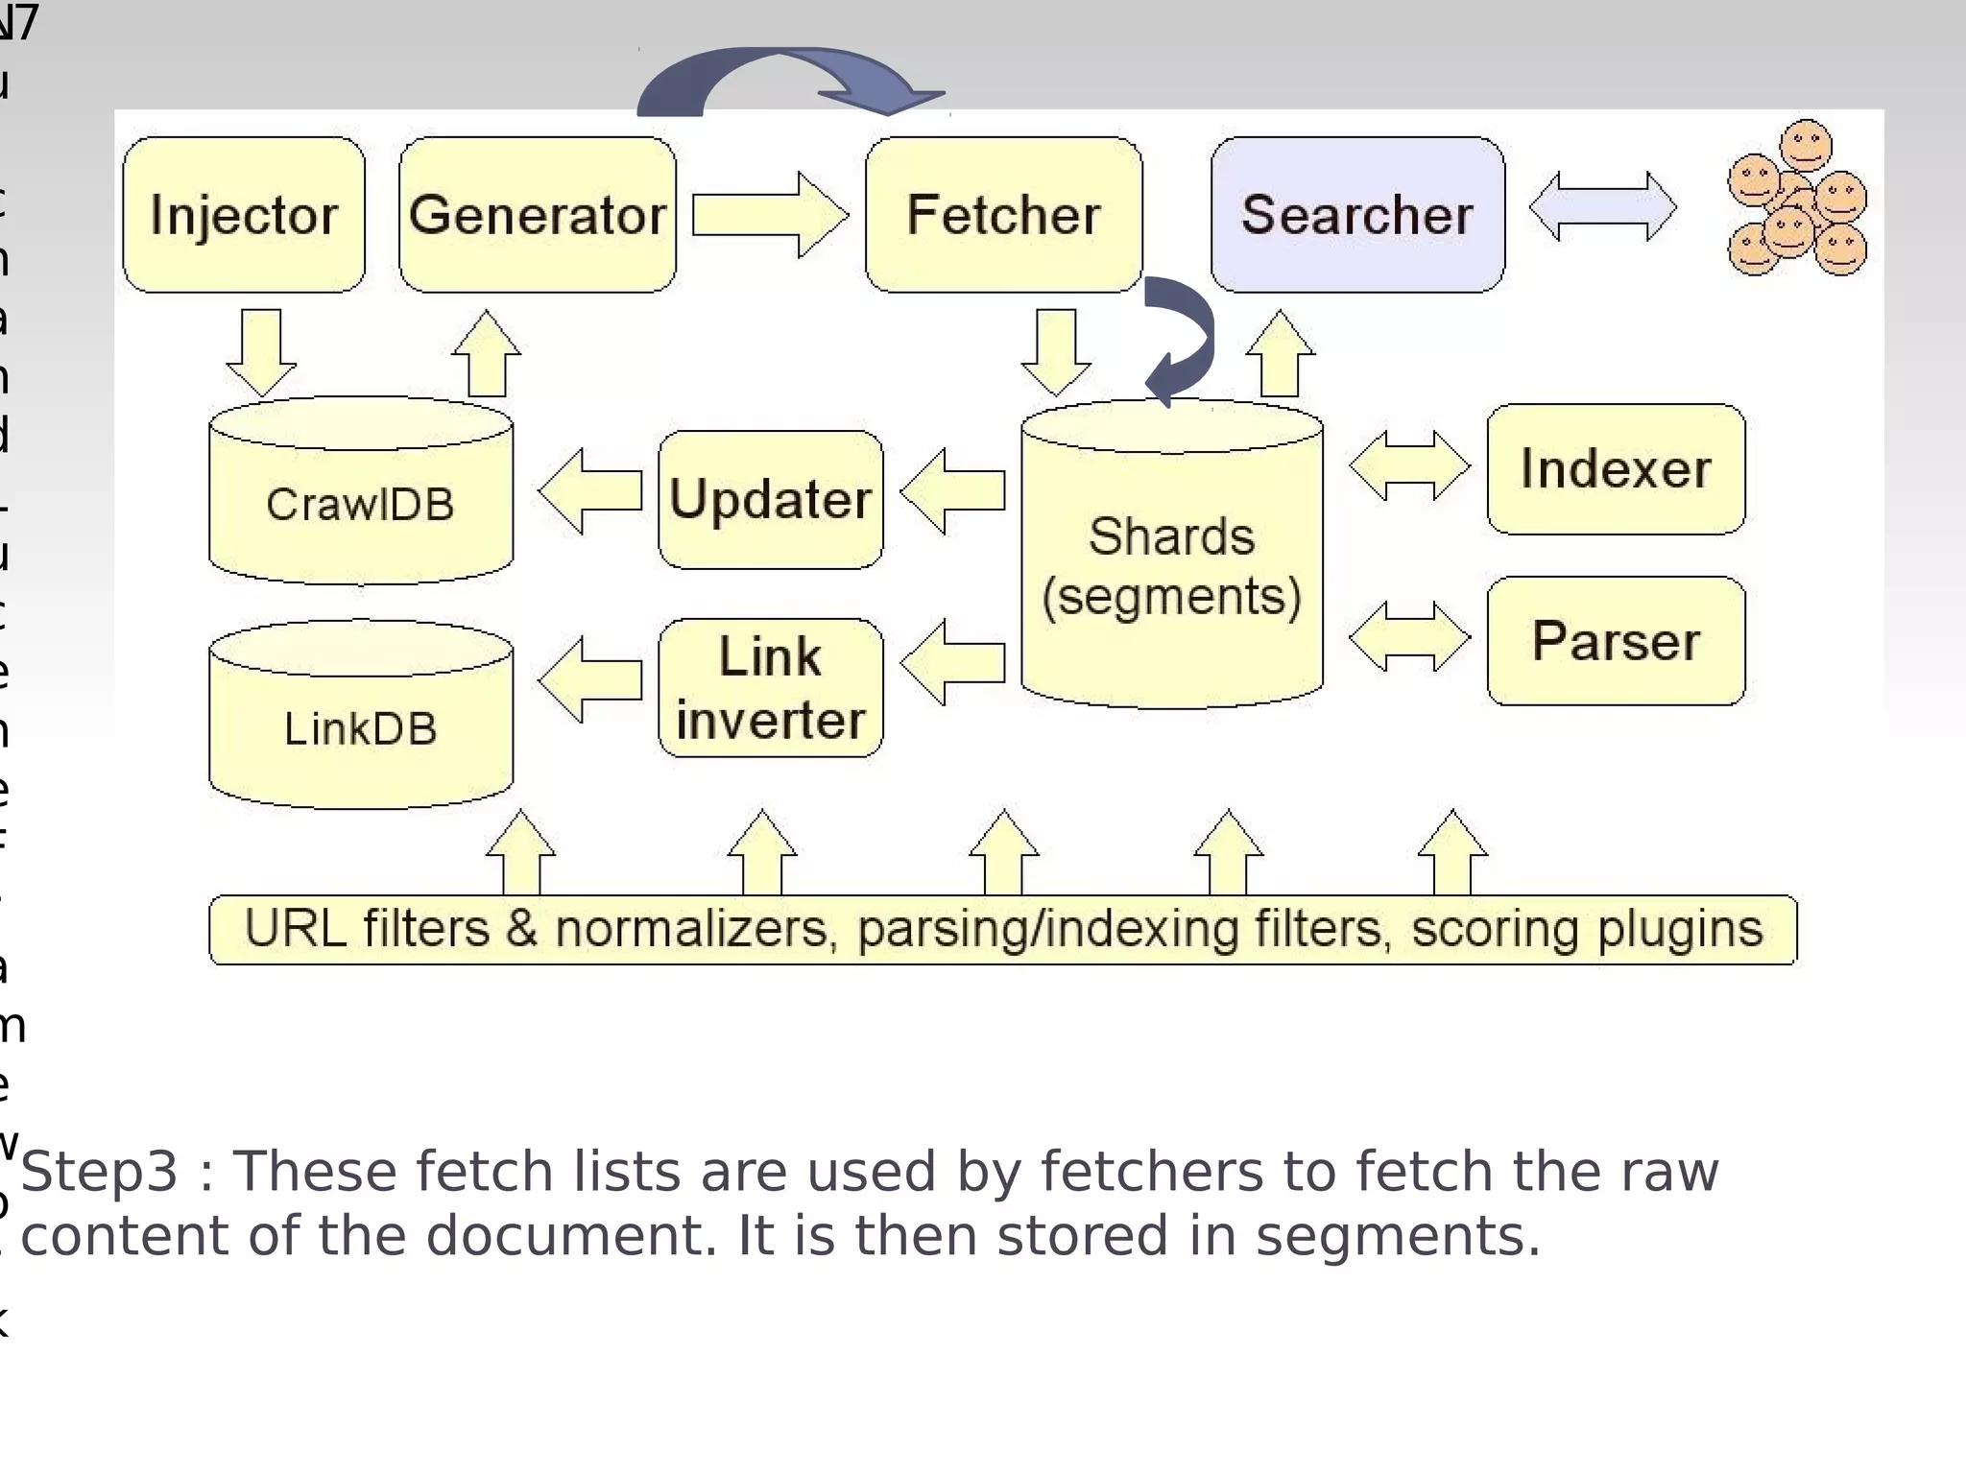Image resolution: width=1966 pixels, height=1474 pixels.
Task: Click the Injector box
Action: click(244, 215)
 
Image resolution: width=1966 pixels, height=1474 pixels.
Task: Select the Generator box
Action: click(538, 215)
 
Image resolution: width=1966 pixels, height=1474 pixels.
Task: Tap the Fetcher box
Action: click(1003, 215)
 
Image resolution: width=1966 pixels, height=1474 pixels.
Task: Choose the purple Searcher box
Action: click(1357, 215)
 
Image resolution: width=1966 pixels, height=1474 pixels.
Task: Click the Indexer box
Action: click(1616, 469)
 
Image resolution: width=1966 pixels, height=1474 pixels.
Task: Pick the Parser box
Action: click(1616, 641)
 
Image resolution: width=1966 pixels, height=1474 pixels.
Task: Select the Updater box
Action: click(770, 500)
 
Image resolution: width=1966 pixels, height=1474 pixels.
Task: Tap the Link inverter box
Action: click(770, 688)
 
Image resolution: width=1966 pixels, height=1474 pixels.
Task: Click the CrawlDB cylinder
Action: click(361, 504)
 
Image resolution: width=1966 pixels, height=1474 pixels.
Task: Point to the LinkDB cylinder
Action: click(361, 727)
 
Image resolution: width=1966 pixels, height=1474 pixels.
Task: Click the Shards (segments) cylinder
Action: click(1171, 566)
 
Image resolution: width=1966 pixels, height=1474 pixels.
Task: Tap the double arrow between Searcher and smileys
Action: click(1602, 206)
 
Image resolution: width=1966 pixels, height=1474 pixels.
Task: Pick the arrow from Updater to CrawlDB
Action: click(589, 491)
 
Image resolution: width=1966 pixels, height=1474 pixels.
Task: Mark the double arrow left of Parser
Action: click(1408, 637)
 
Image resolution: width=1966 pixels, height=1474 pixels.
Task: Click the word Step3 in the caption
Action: click(99, 1172)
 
